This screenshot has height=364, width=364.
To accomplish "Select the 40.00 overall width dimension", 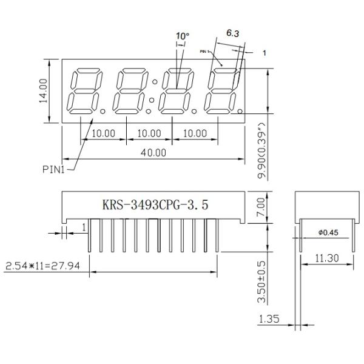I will (153, 152).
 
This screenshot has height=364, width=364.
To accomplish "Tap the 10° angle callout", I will (182, 36).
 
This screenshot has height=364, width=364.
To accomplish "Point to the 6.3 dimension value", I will (232, 33).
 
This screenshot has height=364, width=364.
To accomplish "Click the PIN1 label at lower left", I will (53, 170).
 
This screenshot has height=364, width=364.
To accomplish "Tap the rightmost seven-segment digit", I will (221, 91).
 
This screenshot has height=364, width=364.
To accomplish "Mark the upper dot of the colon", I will (155, 82).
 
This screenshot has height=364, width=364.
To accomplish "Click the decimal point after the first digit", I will (103, 112).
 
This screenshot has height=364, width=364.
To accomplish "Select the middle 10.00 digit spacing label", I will (149, 133).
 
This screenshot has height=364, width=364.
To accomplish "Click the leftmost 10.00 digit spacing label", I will (103, 133).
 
